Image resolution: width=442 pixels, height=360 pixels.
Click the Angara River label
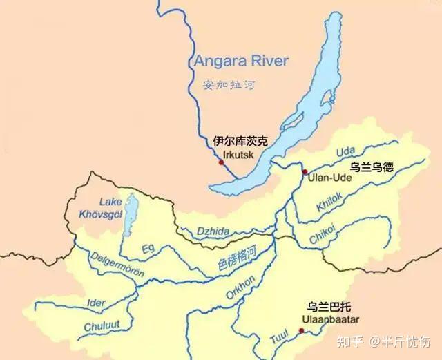click(241, 60)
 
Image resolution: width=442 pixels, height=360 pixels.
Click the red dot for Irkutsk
click(221, 162)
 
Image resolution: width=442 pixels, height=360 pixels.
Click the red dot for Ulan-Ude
click(304, 171)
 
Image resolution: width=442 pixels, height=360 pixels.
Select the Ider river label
click(96, 302)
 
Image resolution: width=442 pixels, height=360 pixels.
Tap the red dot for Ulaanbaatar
click(300, 331)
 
